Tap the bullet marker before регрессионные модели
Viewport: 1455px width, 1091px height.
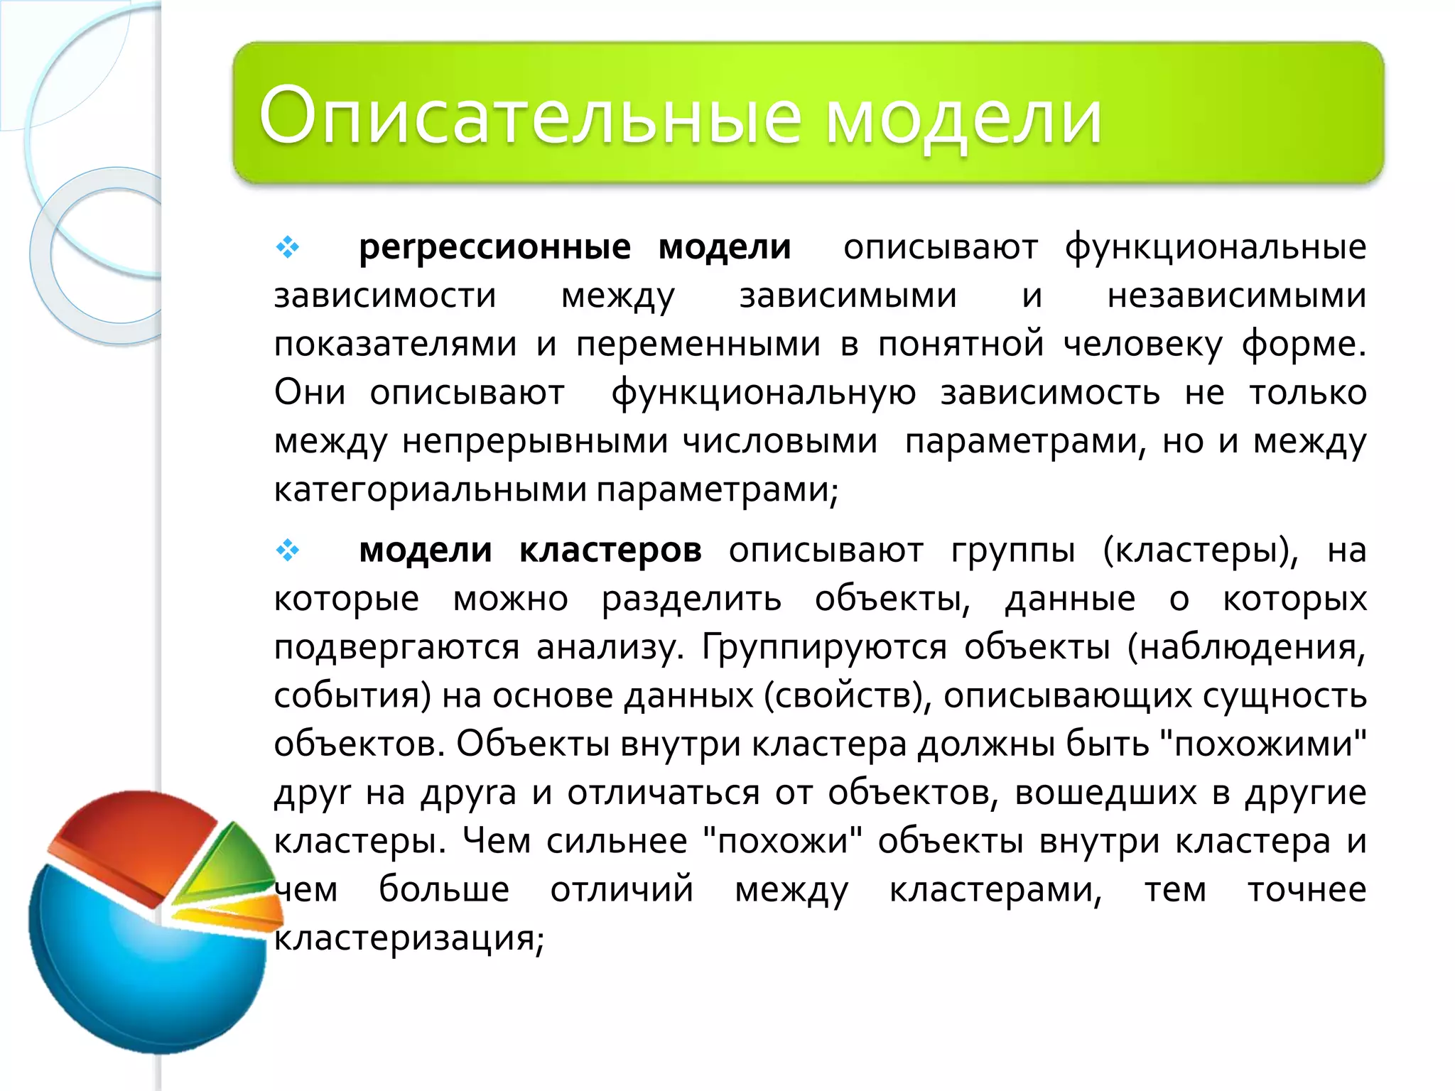pos(288,247)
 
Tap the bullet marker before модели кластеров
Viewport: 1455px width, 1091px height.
pos(288,550)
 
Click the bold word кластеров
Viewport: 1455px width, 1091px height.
pos(610,550)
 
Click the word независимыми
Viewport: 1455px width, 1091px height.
pos(1236,296)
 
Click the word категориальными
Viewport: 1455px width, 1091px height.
pos(431,490)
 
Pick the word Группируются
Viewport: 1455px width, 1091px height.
pos(824,648)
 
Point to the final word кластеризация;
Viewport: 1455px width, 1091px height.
pos(409,939)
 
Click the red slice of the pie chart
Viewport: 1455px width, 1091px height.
pos(135,838)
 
